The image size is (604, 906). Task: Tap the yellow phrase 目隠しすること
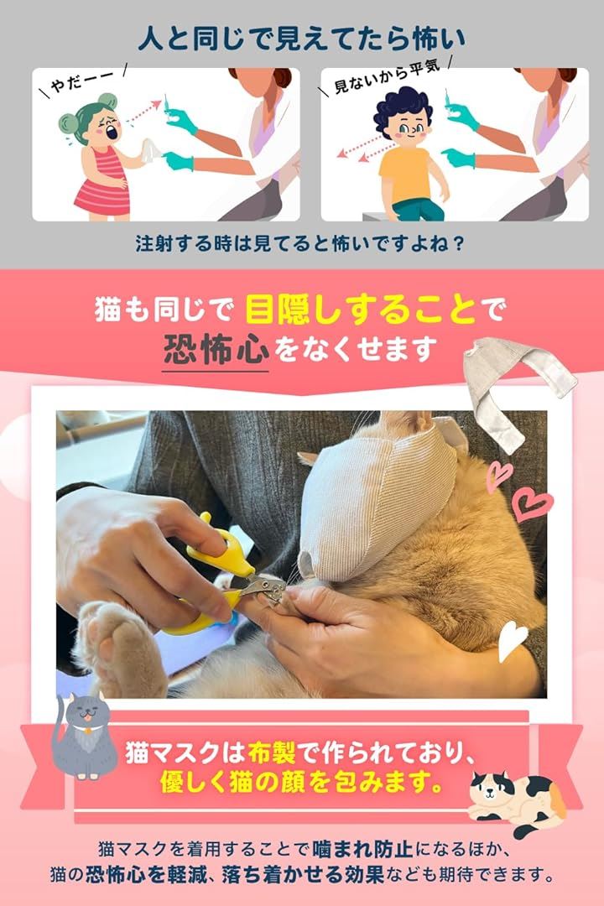(x=361, y=310)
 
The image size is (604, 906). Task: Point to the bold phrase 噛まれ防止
(x=362, y=849)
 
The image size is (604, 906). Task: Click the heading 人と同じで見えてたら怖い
(x=302, y=39)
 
